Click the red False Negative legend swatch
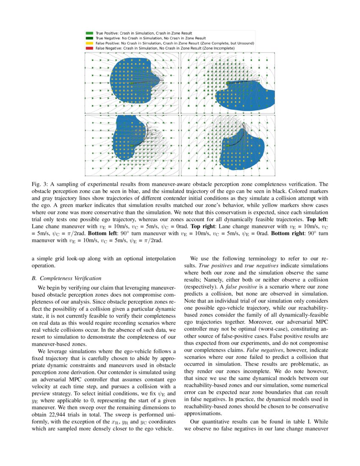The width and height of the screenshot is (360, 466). click(89, 48)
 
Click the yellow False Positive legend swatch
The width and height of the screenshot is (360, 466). click(89, 43)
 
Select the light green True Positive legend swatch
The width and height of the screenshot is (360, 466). click(89, 33)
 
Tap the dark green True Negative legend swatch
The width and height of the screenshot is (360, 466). click(89, 38)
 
